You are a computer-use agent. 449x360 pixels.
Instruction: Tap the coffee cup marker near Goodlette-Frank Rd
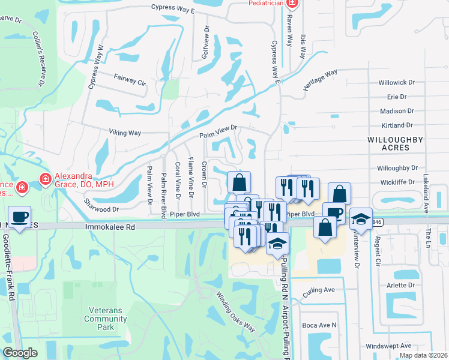click(20, 217)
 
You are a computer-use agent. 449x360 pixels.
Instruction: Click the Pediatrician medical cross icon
click(292, 4)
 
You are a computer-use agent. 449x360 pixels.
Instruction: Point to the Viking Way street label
click(124, 132)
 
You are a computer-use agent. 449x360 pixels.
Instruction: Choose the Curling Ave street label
click(318, 290)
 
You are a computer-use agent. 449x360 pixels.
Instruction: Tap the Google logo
click(20, 353)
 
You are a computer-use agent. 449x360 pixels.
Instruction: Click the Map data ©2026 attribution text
click(423, 355)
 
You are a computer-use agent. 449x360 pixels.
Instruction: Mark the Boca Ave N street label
click(318, 325)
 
